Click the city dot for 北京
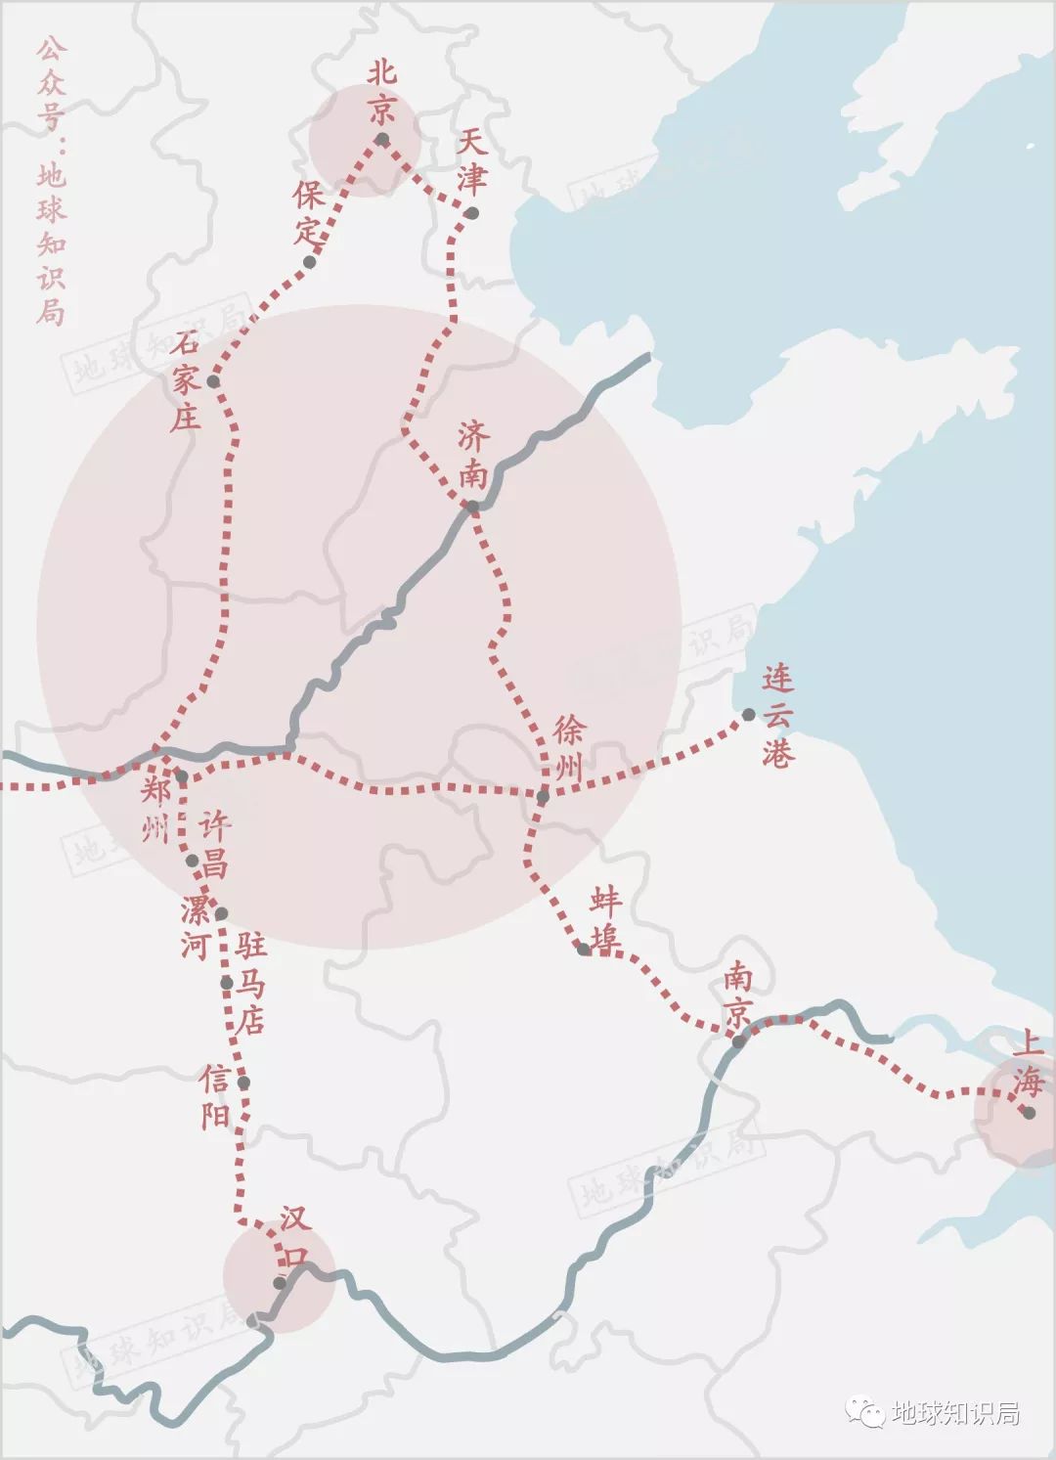point(382,140)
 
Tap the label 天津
point(471,162)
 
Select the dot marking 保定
point(311,261)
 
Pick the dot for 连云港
point(748,715)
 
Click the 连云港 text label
point(778,717)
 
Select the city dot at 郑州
point(181,776)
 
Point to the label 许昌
point(215,845)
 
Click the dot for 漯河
point(221,913)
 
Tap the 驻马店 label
point(250,982)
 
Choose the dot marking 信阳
point(243,1083)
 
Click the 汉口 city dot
point(280,1282)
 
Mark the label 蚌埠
point(605,920)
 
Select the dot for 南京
point(739,1041)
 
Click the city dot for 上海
point(1029,1112)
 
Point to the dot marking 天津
point(472,213)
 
